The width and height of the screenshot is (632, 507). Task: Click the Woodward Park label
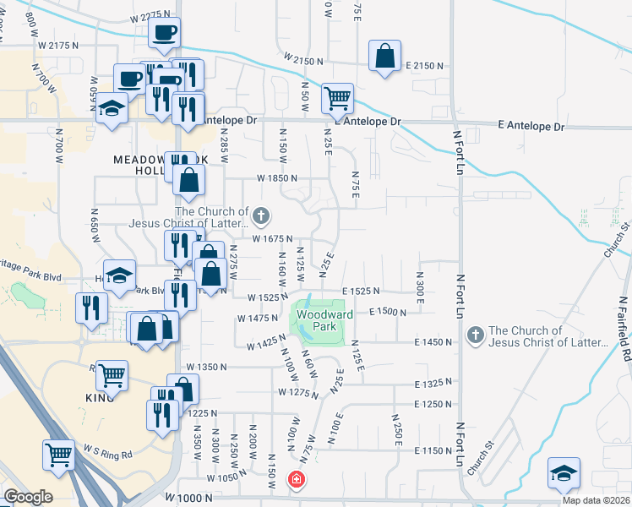(x=316, y=318)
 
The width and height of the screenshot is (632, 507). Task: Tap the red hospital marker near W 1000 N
(x=297, y=480)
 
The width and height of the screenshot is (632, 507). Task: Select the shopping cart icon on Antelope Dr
(x=337, y=97)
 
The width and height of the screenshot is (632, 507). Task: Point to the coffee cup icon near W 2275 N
(x=164, y=33)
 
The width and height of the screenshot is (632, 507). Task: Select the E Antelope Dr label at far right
(x=531, y=126)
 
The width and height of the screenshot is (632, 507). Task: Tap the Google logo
(x=28, y=497)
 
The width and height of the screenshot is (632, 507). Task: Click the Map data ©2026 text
(x=596, y=500)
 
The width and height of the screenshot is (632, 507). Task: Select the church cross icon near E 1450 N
(x=475, y=335)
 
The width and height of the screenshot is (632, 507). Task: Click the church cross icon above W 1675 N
(x=261, y=216)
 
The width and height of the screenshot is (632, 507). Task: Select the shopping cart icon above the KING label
(x=112, y=374)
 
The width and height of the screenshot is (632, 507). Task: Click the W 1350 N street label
(x=207, y=367)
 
